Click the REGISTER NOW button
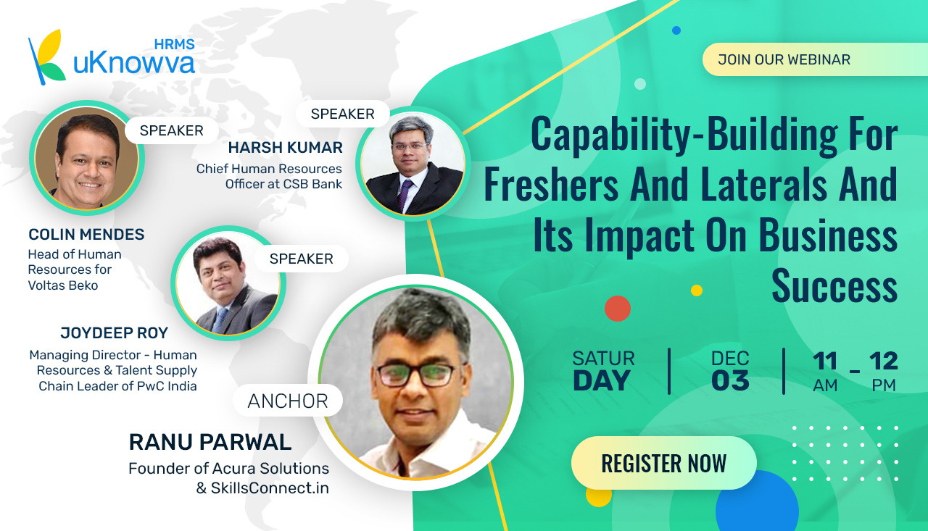click(x=663, y=463)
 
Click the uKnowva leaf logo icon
click(x=46, y=57)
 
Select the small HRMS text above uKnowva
click(x=175, y=44)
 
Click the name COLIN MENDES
click(x=86, y=234)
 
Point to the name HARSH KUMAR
click(x=285, y=147)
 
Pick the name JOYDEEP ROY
click(x=114, y=333)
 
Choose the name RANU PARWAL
click(x=210, y=442)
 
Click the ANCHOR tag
click(x=288, y=401)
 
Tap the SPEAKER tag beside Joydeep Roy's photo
click(x=301, y=259)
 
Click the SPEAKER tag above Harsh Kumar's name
click(x=343, y=114)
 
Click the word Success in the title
click(x=834, y=285)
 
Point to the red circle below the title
click(x=617, y=309)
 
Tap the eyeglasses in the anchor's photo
click(x=419, y=374)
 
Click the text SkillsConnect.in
click(x=270, y=488)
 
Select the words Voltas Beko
click(x=63, y=285)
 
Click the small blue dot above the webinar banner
click(x=676, y=30)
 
